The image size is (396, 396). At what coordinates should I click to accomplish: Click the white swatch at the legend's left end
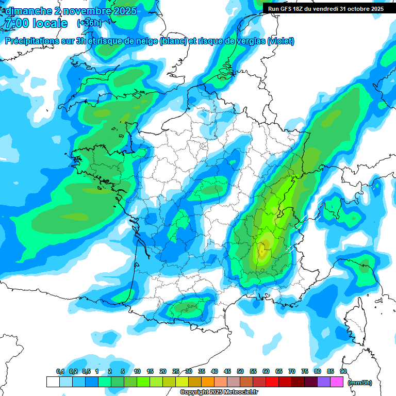click(53, 382)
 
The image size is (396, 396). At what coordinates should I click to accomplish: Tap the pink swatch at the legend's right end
click(337, 382)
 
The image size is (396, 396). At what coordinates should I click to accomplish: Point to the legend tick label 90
click(343, 371)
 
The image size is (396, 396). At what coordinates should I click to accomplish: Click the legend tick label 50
click(240, 371)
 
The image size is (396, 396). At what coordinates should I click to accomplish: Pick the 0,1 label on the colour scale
click(60, 371)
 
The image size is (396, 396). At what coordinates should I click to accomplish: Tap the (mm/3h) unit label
click(360, 382)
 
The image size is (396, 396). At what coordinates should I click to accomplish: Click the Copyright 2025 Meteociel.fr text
click(219, 392)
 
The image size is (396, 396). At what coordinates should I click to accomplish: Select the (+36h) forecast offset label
click(89, 23)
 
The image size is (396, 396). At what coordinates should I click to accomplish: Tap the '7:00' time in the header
click(19, 23)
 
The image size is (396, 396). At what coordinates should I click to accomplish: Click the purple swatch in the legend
click(324, 382)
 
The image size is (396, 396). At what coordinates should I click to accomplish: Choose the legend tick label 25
click(176, 371)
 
